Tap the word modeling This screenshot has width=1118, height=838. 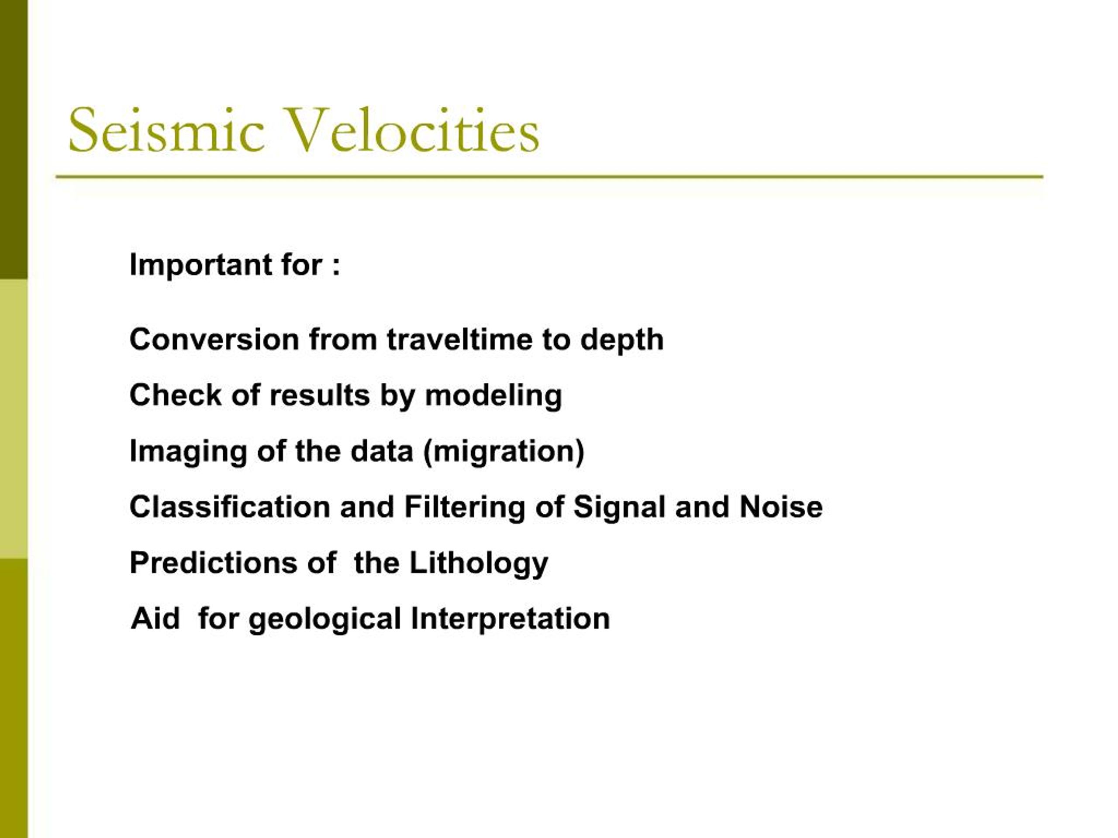[493, 396]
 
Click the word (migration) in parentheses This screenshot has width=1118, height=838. [504, 452]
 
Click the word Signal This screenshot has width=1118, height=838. [619, 507]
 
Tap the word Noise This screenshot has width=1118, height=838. [781, 507]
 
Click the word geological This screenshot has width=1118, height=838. [325, 619]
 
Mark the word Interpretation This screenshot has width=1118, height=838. [510, 619]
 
